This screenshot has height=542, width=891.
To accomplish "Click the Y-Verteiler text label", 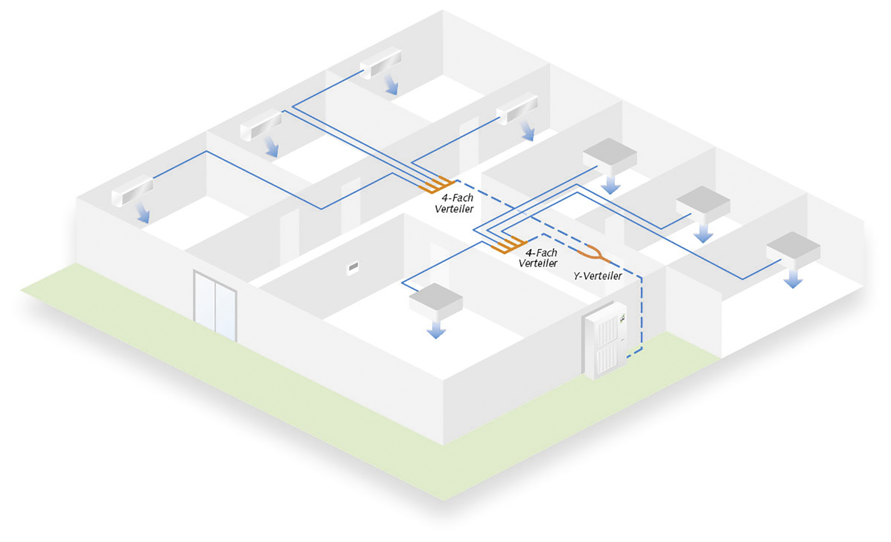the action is (598, 276).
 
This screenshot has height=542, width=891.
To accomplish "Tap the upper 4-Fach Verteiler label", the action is (455, 203).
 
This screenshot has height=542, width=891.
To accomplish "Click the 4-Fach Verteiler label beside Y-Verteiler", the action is (538, 258).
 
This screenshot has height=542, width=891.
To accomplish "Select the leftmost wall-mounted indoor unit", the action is (132, 190).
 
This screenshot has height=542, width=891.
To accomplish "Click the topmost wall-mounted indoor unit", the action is (381, 63).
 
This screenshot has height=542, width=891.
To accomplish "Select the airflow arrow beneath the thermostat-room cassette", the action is (436, 329).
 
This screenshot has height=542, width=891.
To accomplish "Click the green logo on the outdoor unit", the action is (622, 318).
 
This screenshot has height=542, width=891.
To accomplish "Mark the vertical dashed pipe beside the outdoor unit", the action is (642, 311).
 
